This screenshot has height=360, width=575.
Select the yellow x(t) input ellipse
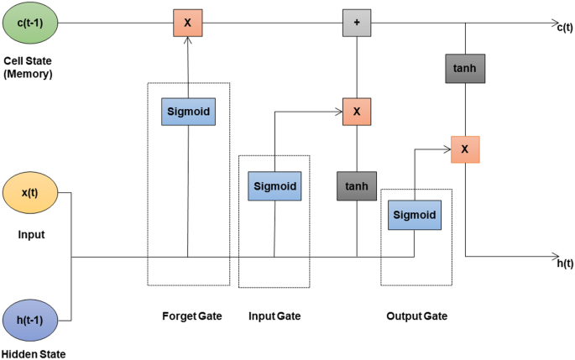30,192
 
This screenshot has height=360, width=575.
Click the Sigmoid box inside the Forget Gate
188,111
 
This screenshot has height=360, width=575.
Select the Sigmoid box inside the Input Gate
274,185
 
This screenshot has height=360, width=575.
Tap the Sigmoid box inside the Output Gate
414,215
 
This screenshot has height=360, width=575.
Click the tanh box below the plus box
357,185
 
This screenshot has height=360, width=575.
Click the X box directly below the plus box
357,111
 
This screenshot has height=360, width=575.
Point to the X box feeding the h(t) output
465,149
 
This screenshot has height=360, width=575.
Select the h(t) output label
565,263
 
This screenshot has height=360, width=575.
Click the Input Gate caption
274,316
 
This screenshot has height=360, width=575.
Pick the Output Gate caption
416,316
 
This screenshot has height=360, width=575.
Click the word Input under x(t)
31,234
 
